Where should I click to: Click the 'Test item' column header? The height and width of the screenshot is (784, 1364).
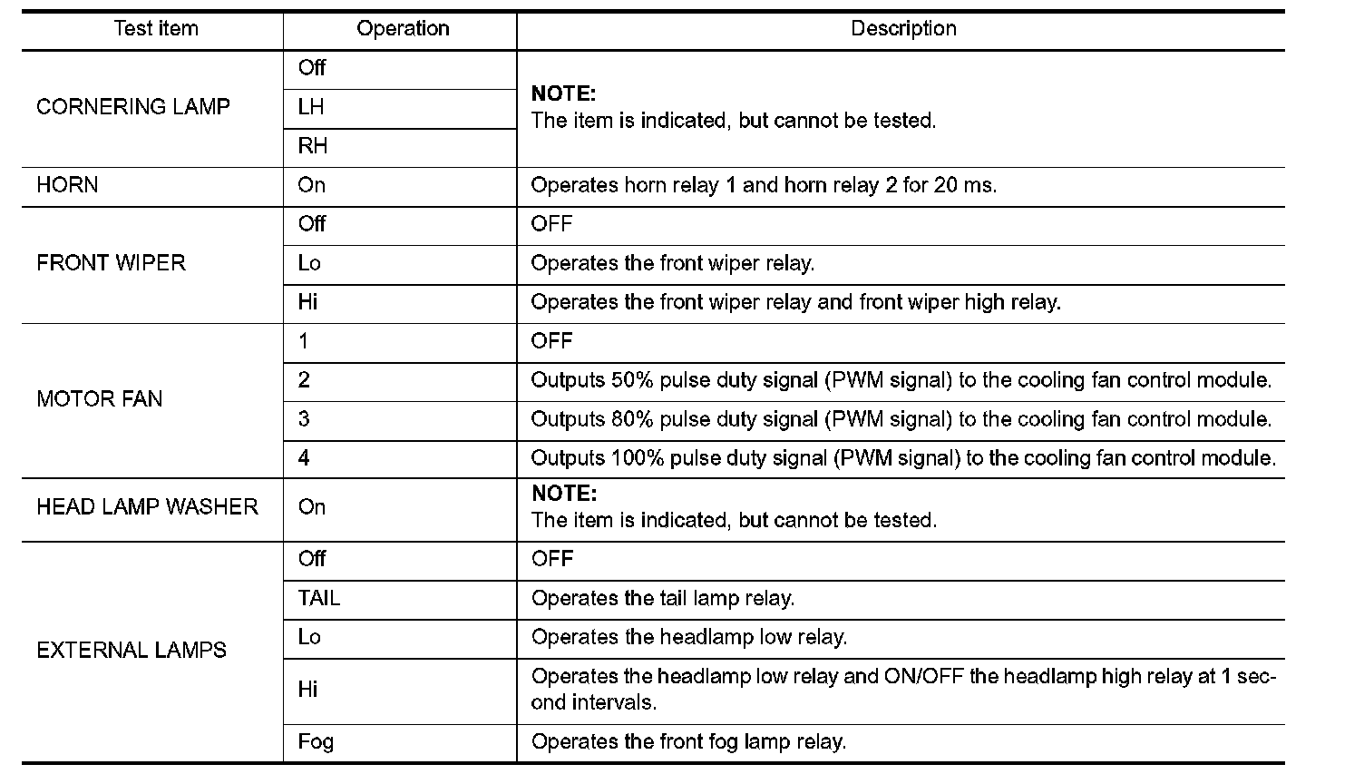[x=155, y=29]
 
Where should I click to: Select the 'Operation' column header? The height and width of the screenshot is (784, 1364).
[x=403, y=29]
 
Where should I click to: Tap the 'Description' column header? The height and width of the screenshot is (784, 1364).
[x=902, y=29]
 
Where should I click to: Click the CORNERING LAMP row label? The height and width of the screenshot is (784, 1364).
[x=133, y=107]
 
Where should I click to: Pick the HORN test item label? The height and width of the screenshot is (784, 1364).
[x=67, y=185]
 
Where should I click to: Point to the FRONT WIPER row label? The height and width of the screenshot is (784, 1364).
[x=111, y=263]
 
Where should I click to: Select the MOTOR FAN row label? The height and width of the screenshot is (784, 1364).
[x=99, y=399]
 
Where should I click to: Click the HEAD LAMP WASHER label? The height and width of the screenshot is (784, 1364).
[x=147, y=507]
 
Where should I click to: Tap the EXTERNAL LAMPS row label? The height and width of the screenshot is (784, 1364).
[x=132, y=651]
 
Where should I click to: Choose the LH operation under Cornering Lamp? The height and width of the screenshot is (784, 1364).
[x=310, y=107]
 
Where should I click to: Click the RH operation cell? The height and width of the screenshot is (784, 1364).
[x=312, y=146]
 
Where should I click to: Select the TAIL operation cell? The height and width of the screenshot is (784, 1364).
[x=318, y=599]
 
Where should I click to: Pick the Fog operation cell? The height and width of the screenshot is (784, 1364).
[x=316, y=742]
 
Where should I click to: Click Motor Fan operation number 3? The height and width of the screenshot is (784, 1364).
[x=304, y=419]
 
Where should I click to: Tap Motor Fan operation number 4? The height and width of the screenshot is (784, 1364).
[x=304, y=458]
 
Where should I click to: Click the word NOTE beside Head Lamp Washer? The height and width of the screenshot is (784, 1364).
[x=563, y=495]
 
